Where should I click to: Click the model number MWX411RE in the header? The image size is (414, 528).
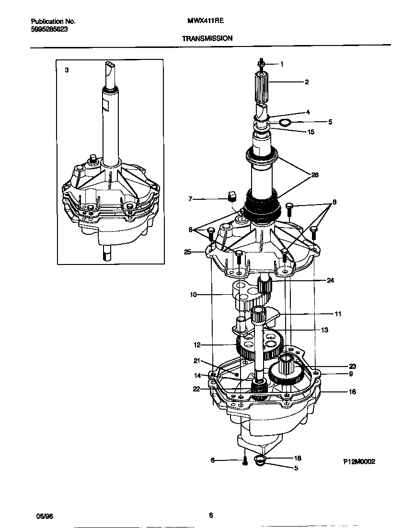204,22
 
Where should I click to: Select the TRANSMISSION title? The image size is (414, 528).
207,38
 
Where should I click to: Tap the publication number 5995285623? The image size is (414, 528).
49,29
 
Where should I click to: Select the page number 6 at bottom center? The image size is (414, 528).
210,516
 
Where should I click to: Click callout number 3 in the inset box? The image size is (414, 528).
67,70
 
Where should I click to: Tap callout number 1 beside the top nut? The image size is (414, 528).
282,64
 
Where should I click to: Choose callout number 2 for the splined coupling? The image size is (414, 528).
307,82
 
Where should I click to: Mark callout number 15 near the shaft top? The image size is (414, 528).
310,132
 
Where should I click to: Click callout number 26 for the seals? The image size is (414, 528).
314,175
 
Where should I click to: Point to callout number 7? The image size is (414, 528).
190,198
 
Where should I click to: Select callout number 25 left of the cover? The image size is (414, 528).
187,251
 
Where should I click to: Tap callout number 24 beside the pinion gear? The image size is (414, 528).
330,280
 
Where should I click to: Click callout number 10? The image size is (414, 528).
193,295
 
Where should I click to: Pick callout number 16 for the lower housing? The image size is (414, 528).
352,391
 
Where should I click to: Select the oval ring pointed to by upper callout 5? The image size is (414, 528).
285,123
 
